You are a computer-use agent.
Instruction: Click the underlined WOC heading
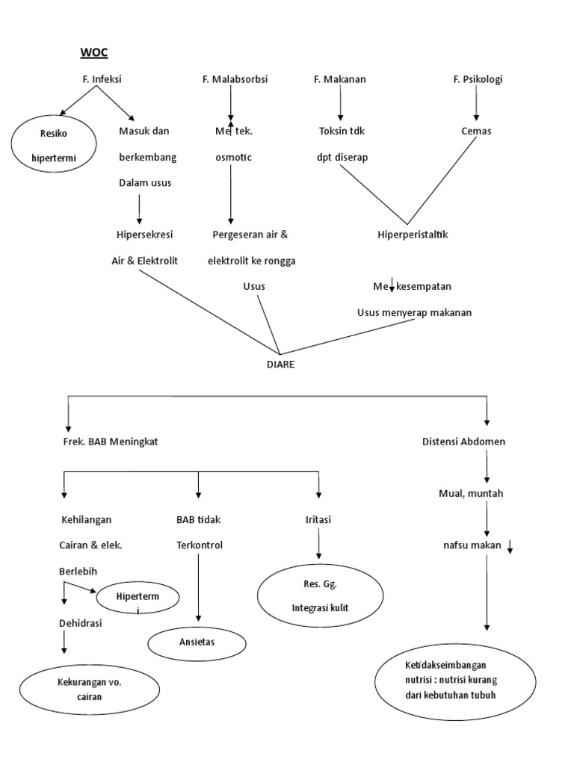[94, 52]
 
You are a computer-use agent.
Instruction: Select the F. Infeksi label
[102, 79]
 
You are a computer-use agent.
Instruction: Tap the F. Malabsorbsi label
[235, 79]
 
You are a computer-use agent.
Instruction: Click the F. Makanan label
[340, 79]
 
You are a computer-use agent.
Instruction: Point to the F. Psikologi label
[478, 79]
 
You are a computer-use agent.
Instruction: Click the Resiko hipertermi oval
[55, 146]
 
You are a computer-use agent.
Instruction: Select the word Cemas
[476, 131]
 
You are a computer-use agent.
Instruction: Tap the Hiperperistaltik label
[412, 235]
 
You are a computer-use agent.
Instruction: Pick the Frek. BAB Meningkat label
[111, 442]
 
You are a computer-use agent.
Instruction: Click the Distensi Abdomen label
[463, 442]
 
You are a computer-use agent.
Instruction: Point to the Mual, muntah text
[470, 494]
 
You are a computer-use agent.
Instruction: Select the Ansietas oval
[197, 642]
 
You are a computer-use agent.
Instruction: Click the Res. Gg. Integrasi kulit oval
[320, 597]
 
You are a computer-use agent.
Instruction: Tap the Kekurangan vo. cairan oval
[89, 690]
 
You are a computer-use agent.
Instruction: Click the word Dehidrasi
[81, 622]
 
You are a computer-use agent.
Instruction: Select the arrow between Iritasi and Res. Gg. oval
[319, 545]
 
